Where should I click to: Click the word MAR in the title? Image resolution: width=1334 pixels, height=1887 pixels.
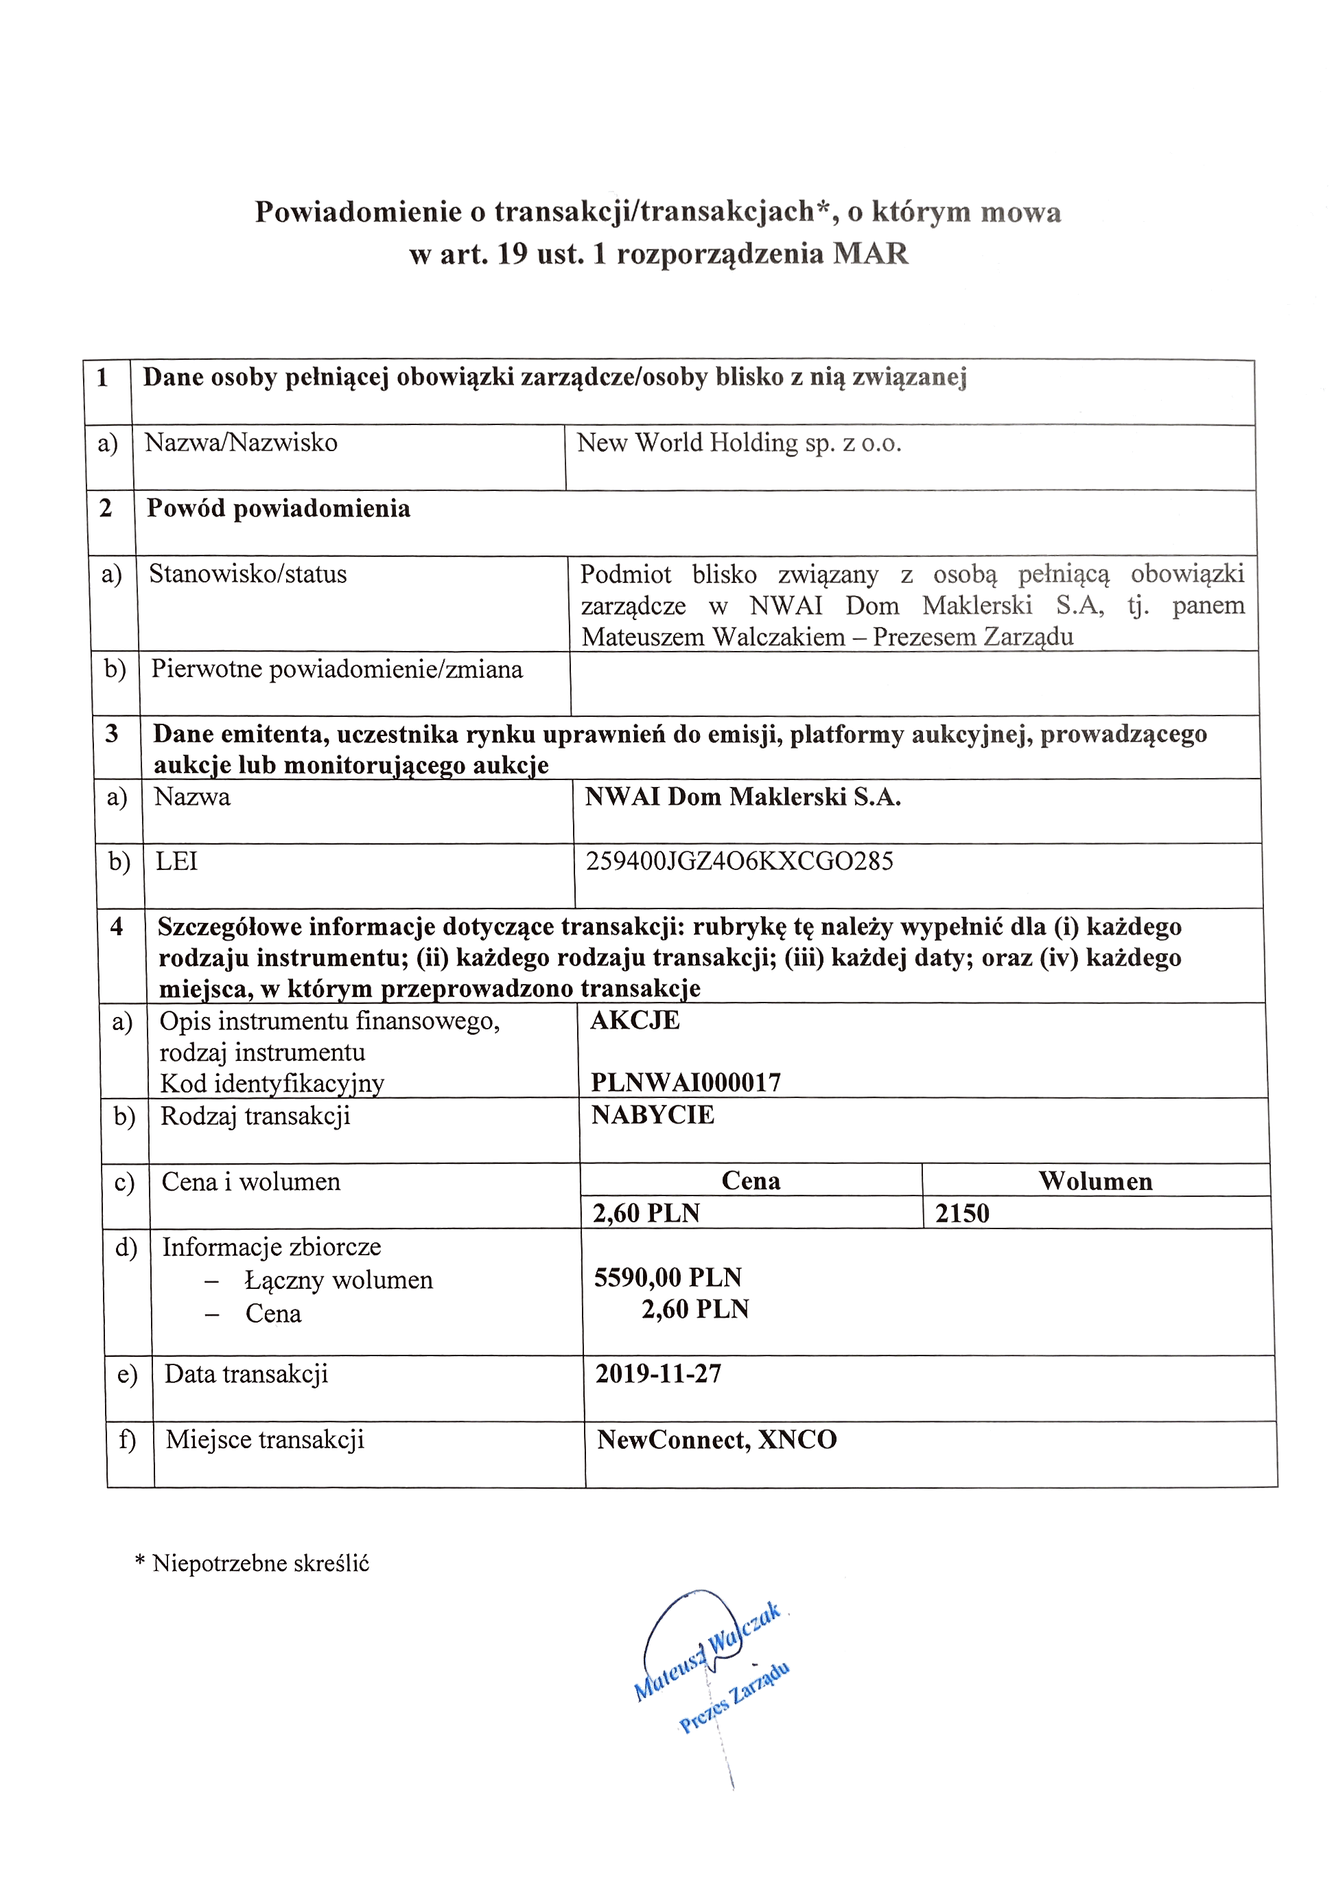pos(870,253)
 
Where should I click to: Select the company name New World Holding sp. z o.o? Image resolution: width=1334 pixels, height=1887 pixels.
pos(738,443)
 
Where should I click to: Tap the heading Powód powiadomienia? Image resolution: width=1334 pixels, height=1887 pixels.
pos(279,509)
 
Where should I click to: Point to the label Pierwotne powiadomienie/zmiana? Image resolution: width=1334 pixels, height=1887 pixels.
pos(337,669)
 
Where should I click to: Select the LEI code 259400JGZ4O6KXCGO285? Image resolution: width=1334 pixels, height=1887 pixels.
pos(739,861)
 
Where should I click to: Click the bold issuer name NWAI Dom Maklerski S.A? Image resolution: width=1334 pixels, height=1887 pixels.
pos(742,797)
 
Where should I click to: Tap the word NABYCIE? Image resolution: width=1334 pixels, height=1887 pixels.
pos(653,1115)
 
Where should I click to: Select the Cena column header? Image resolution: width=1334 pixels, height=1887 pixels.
pos(751,1181)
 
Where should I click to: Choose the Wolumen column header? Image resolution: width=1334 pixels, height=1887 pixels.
pos(1095,1181)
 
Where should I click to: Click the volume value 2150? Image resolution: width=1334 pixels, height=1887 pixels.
pos(962,1213)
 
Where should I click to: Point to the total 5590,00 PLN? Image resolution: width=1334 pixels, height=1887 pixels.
pos(668,1277)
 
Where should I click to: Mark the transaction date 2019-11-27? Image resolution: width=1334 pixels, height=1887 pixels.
pos(658,1373)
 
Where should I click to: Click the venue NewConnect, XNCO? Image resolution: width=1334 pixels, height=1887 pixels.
pos(716,1439)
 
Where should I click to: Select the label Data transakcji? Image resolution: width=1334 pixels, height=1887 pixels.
pos(246,1373)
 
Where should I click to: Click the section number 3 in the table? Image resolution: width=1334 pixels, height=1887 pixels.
pos(112,733)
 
